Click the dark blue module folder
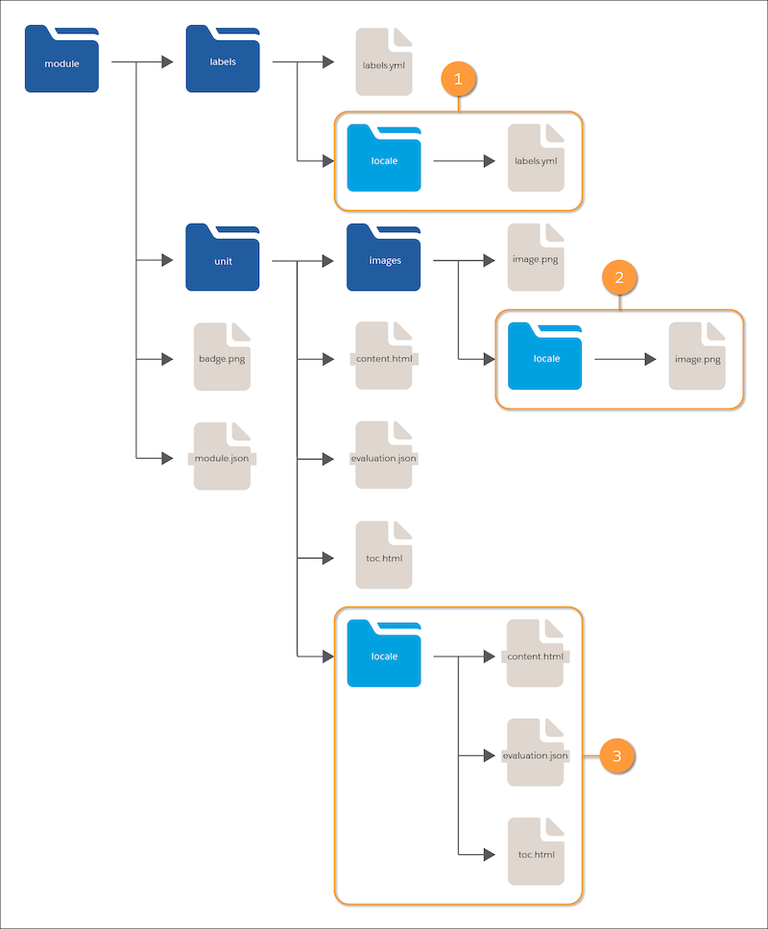point(61,59)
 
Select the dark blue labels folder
point(223,59)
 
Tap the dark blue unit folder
point(223,257)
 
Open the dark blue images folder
point(383,257)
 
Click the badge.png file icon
point(222,357)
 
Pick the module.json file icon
point(222,456)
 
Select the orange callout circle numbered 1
point(458,79)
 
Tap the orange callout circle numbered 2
point(619,277)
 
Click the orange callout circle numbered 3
point(617,756)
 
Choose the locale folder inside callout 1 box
point(384,158)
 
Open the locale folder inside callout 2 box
point(544,356)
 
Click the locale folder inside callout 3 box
point(384,654)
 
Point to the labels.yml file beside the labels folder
point(384,61)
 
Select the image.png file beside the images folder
point(536,257)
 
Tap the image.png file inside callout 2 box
point(698,356)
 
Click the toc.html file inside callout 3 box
point(537,852)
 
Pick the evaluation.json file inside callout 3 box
point(536,752)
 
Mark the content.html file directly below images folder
point(384,355)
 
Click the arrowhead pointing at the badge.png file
point(167,359)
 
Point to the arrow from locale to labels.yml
point(465,160)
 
